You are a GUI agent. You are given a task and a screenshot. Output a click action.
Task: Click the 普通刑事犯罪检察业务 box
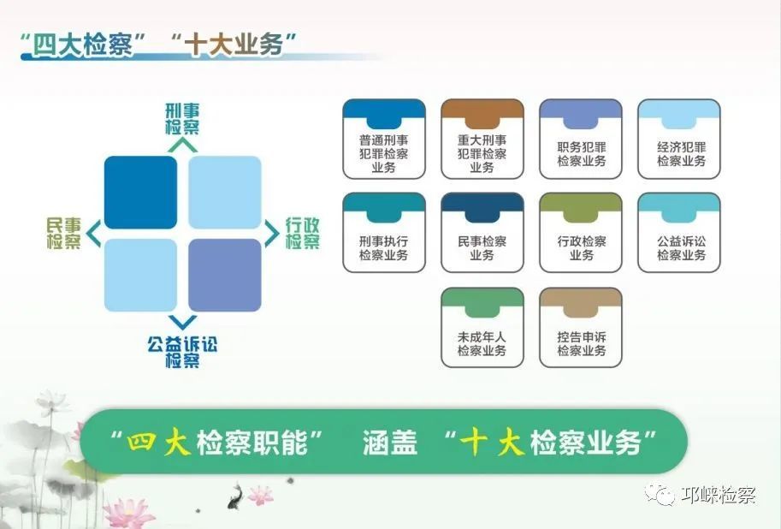pyautogui.click(x=384, y=139)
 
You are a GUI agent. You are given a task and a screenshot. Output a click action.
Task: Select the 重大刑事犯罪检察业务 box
pyautogui.click(x=482, y=139)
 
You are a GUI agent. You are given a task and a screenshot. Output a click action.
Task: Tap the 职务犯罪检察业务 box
pyautogui.click(x=581, y=139)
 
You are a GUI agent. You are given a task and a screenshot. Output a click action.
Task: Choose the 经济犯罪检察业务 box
pyautogui.click(x=679, y=139)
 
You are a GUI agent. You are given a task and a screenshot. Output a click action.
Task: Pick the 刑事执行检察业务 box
pyautogui.click(x=384, y=233)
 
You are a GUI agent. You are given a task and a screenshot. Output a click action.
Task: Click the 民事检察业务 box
pyautogui.click(x=482, y=233)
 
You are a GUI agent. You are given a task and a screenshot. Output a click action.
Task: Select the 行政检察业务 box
pyautogui.click(x=581, y=233)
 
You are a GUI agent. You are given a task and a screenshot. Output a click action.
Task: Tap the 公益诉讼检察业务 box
pyautogui.click(x=679, y=233)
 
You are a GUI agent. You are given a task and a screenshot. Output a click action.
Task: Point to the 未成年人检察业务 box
pyautogui.click(x=482, y=328)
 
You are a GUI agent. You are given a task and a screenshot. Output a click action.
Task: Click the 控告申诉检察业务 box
pyautogui.click(x=581, y=328)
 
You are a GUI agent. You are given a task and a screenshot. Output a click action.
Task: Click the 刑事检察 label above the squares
pyautogui.click(x=182, y=118)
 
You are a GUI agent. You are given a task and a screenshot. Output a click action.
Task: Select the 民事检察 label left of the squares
pyautogui.click(x=64, y=233)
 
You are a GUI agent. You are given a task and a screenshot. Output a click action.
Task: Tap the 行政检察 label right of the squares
pyautogui.click(x=302, y=233)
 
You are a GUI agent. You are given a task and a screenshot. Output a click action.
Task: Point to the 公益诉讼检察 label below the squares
pyautogui.click(x=182, y=352)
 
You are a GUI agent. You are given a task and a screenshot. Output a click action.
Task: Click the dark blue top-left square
pyautogui.click(x=140, y=192)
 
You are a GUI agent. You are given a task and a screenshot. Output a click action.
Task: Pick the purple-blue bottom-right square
pyautogui.click(x=224, y=275)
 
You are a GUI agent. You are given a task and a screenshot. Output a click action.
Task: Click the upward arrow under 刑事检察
pyautogui.click(x=182, y=145)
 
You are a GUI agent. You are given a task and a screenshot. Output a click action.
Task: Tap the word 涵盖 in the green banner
pyautogui.click(x=390, y=442)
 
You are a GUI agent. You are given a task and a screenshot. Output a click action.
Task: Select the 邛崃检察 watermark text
pyautogui.click(x=718, y=495)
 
